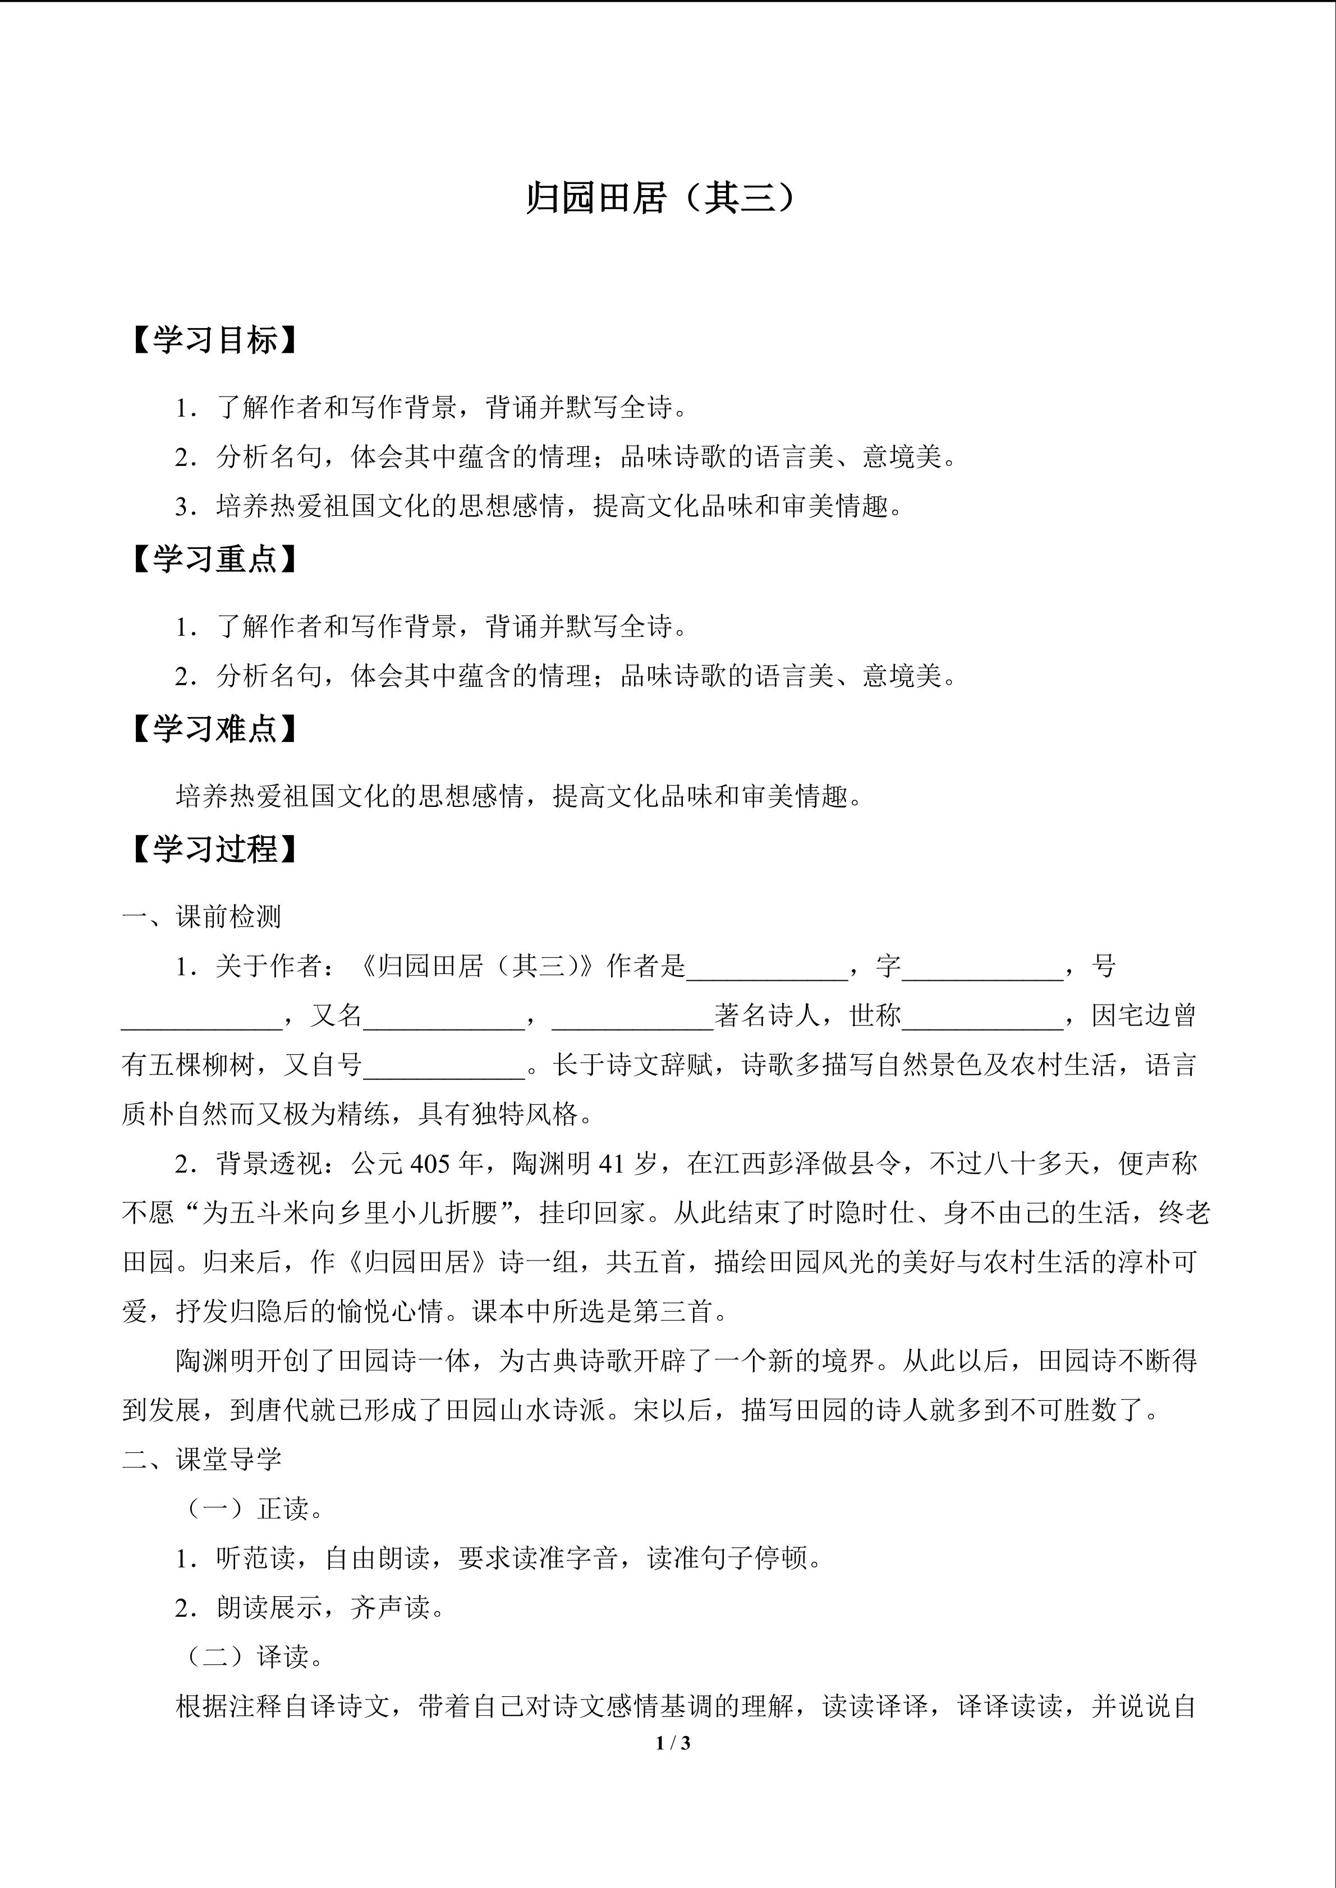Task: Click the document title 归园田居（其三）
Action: (x=662, y=198)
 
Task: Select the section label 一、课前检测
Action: (x=203, y=917)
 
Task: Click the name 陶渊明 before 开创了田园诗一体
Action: (x=215, y=1361)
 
